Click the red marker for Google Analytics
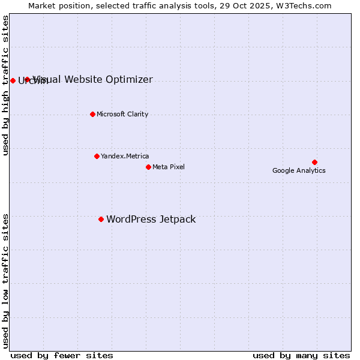coord(314,162)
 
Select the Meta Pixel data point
coord(148,167)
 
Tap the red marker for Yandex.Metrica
coord(97,156)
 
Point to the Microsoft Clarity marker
coord(92,114)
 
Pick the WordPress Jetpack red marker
coord(101,219)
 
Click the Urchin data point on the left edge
coord(13,80)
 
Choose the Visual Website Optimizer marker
coord(27,79)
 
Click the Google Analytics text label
coord(299,171)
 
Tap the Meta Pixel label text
coord(169,167)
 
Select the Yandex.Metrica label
coord(125,156)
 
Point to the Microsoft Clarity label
coord(122,114)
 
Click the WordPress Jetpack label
coord(151,220)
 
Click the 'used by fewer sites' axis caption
coord(62,355)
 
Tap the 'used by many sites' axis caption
coord(301,355)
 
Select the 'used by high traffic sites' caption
coord(6,85)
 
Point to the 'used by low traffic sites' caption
coord(6,281)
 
